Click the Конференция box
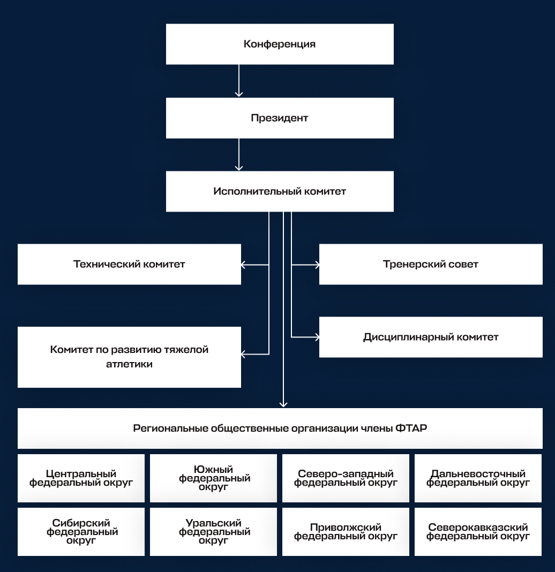pos(280,44)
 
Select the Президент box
pos(280,118)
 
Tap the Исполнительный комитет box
pos(280,191)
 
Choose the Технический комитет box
pos(129,264)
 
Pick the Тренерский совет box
pos(431,264)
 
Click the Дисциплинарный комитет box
pos(431,337)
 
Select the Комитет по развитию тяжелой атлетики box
pos(129,357)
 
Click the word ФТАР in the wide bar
pos(411,428)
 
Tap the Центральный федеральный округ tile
pos(81,478)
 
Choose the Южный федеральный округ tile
pos(213,478)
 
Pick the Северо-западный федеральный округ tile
pos(346,478)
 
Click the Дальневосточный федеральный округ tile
pos(478,478)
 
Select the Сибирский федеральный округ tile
pos(81,531)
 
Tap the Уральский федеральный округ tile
pos(213,531)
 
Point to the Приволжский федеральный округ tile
pos(346,531)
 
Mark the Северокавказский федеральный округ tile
pos(478,531)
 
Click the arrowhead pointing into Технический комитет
pos(243,265)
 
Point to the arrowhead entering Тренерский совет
pos(318,265)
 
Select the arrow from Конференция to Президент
pos(239,81)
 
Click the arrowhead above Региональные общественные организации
pos(283,404)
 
